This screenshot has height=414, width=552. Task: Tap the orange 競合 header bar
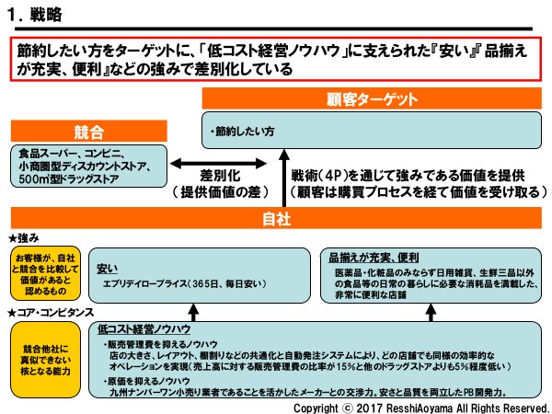[x=88, y=132]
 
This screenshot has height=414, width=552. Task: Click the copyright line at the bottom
[x=420, y=405]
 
